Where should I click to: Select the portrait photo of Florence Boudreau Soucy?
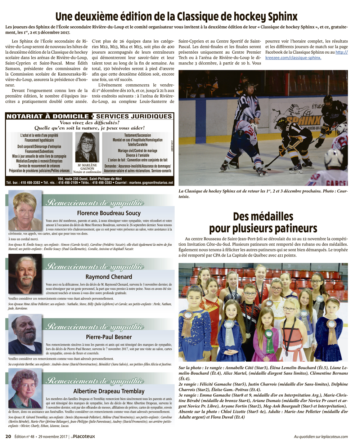pos(25,210)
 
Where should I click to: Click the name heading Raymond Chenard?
pos(109,277)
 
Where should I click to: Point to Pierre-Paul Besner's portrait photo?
pos(24,335)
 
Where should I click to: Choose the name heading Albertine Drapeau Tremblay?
pos(109,391)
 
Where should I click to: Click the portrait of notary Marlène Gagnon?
pos(87,148)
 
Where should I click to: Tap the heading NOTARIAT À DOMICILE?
pos(48,116)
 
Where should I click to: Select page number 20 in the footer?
pos(8,436)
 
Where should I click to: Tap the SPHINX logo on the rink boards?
pos(304,120)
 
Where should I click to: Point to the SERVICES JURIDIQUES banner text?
pos(134,116)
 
